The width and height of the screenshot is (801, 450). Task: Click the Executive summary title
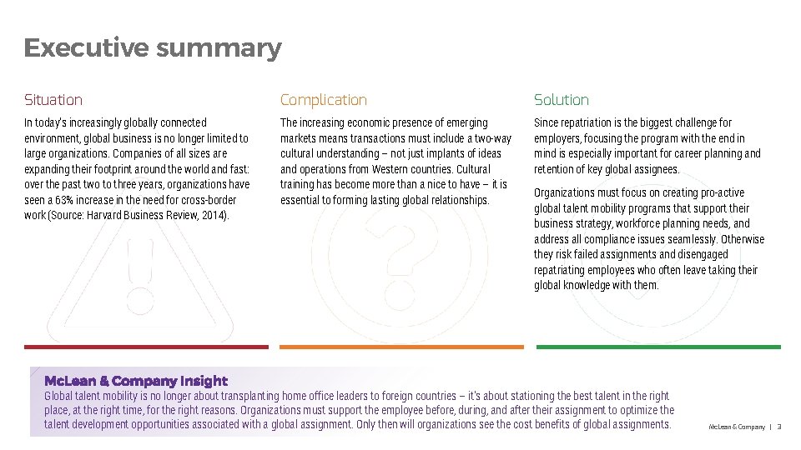click(x=153, y=48)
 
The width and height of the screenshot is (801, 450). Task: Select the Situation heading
click(x=53, y=100)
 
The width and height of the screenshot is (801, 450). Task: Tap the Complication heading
click(x=323, y=100)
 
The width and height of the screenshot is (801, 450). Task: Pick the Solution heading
click(x=562, y=100)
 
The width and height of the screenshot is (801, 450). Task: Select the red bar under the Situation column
click(x=147, y=347)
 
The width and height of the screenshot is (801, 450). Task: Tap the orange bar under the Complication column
click(x=401, y=347)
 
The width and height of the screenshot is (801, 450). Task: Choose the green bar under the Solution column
click(x=658, y=347)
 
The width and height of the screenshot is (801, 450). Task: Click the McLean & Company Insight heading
click(x=135, y=381)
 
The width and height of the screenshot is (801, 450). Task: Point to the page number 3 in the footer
click(x=778, y=427)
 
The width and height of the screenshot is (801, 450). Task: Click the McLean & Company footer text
click(x=737, y=427)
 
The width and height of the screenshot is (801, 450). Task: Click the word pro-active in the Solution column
click(x=723, y=193)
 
